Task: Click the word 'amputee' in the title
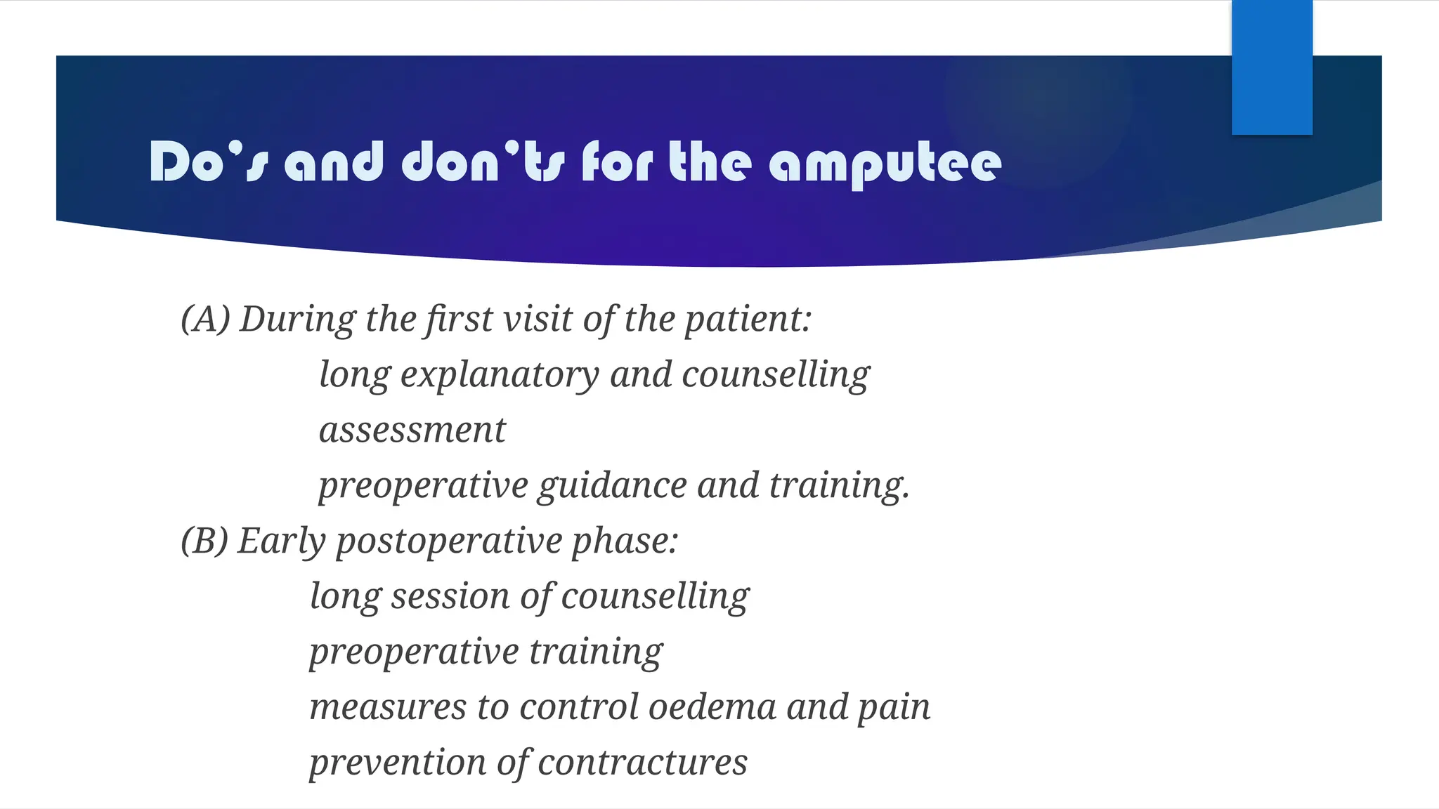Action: click(x=885, y=164)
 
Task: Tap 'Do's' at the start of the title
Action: click(x=209, y=162)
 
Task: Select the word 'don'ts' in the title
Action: click(x=483, y=162)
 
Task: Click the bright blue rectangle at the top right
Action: click(x=1272, y=67)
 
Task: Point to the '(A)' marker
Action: click(x=205, y=319)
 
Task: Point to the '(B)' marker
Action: click(x=204, y=541)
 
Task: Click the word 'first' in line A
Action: click(x=458, y=319)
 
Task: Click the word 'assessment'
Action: click(x=412, y=430)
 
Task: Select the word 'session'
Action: click(x=450, y=596)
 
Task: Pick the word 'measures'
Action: click(x=388, y=707)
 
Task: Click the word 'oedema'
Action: click(x=712, y=706)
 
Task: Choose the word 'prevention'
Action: click(x=398, y=763)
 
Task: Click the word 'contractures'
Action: click(x=642, y=763)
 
